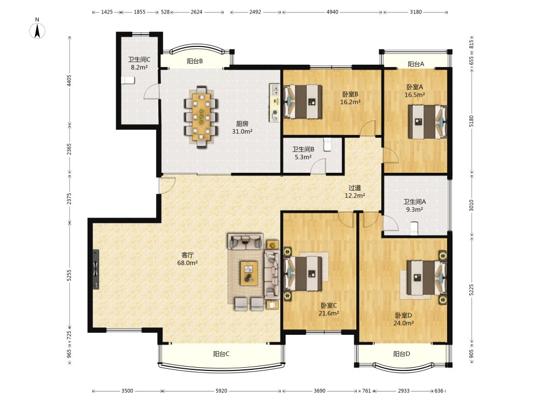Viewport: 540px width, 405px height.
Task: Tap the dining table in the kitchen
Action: (x=201, y=117)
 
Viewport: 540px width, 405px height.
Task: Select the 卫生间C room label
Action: (x=139, y=59)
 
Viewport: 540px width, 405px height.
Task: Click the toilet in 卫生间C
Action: (x=128, y=80)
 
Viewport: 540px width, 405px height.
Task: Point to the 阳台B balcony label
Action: (x=195, y=62)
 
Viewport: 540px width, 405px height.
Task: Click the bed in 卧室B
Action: (x=303, y=102)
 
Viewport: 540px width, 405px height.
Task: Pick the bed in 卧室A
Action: (x=427, y=122)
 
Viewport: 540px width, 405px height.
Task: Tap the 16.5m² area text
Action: (x=415, y=95)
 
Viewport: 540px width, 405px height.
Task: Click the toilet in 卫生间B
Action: (x=328, y=144)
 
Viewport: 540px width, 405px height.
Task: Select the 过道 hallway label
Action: (x=355, y=188)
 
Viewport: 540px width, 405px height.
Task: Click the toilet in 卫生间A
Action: (x=414, y=228)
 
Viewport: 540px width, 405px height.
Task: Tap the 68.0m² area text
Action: (x=187, y=263)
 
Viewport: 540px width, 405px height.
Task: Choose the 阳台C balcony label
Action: (x=221, y=354)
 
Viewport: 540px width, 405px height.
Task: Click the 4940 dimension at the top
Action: (x=332, y=12)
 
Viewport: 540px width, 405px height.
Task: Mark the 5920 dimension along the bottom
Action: (x=221, y=390)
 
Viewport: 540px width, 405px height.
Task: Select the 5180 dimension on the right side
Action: (x=471, y=121)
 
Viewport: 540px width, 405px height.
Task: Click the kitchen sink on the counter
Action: (x=275, y=90)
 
